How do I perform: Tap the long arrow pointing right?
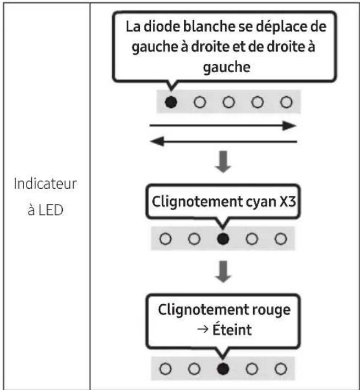click(223, 125)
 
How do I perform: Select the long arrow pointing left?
click(223, 142)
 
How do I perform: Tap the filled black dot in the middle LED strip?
click(222, 239)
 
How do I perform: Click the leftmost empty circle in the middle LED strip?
click(163, 239)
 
